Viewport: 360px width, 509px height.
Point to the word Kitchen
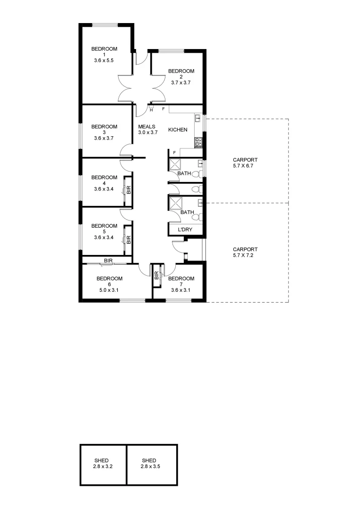[x=178, y=130]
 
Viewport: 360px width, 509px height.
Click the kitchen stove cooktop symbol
[x=198, y=140]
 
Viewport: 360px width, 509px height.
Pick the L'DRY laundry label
[x=184, y=230]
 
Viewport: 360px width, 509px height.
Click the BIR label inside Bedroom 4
[x=128, y=189]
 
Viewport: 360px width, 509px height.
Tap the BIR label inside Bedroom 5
[x=128, y=238]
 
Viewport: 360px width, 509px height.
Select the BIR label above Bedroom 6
[x=108, y=260]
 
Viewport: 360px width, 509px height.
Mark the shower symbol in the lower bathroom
[x=176, y=203]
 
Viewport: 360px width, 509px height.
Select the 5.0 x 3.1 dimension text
[x=108, y=290]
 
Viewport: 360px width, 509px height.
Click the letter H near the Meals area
[x=151, y=110]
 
